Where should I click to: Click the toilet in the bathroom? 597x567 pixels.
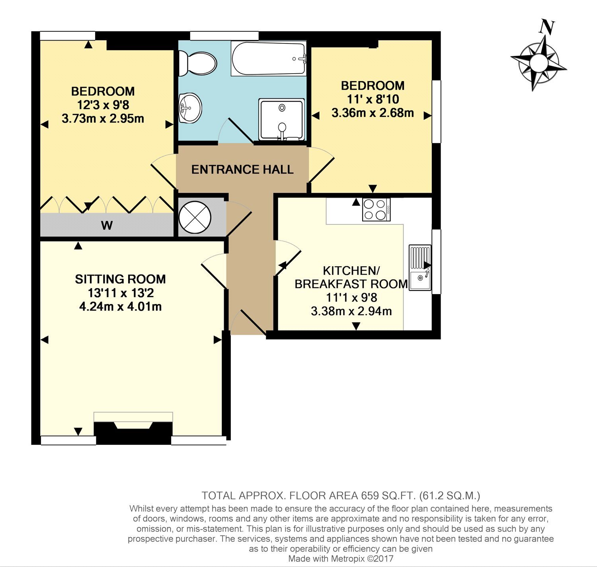point(197,63)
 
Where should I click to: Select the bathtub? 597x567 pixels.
point(268,58)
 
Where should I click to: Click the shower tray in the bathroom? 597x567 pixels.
point(281,120)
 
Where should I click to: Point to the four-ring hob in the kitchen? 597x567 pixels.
point(376,209)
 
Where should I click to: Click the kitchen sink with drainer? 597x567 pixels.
point(420,267)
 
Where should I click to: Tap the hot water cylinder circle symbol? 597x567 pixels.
point(195,217)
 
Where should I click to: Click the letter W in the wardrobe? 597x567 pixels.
point(107,225)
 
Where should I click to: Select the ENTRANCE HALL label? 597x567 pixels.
point(242,170)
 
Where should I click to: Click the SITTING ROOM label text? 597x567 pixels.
point(120,279)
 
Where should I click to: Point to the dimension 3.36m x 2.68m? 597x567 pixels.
point(373,113)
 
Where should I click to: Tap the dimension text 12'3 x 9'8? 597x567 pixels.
point(103,105)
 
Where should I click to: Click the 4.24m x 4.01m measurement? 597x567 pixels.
point(120,306)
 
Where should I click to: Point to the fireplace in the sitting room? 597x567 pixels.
point(133,428)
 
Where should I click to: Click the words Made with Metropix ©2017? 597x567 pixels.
point(341,558)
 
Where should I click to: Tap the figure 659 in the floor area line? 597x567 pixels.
point(370,496)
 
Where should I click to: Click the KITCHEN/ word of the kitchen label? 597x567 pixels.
point(351,270)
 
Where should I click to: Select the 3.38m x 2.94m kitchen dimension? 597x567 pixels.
point(351,311)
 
